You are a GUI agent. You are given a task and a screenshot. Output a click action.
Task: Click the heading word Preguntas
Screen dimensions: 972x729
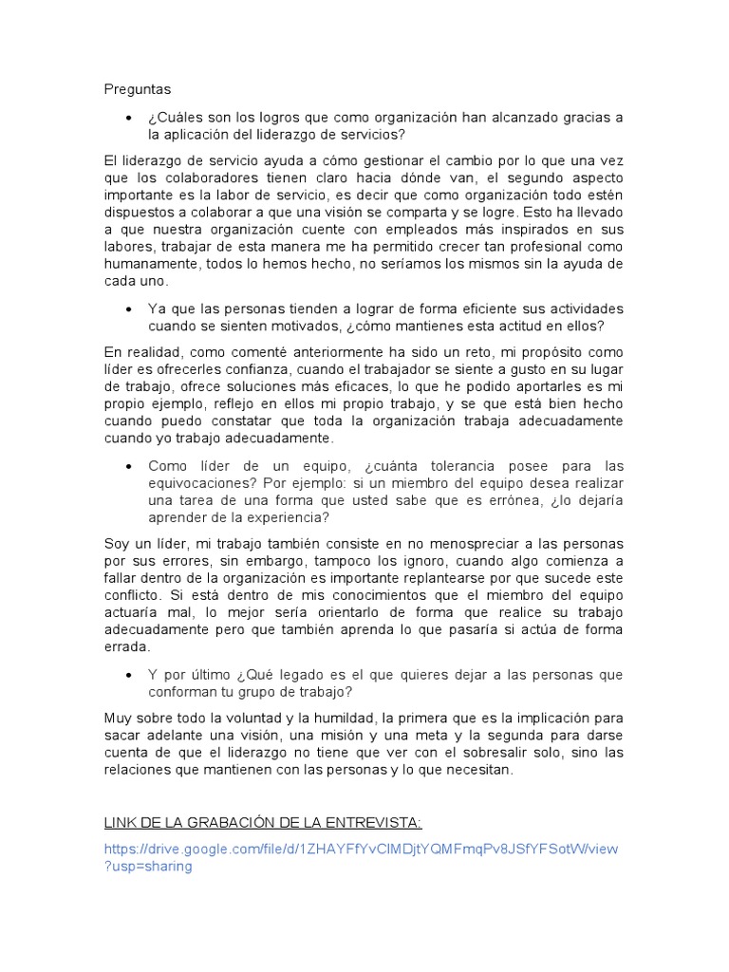click(x=137, y=89)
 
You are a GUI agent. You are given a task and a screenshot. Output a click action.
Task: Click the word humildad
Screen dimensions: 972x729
click(x=328, y=720)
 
